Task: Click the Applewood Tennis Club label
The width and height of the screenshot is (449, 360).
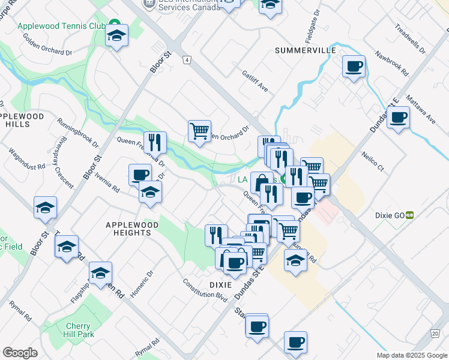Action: pos(53,26)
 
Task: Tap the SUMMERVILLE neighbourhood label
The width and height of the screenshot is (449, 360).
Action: pos(305,51)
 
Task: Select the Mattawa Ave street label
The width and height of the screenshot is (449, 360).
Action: pos(420,109)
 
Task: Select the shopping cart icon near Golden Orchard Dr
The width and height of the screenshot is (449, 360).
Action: pos(199,130)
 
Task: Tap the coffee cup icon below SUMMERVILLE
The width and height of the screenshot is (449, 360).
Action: pos(354,65)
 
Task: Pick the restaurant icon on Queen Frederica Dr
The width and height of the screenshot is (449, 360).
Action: pos(155,142)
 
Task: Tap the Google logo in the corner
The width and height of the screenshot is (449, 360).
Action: pos(20,353)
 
